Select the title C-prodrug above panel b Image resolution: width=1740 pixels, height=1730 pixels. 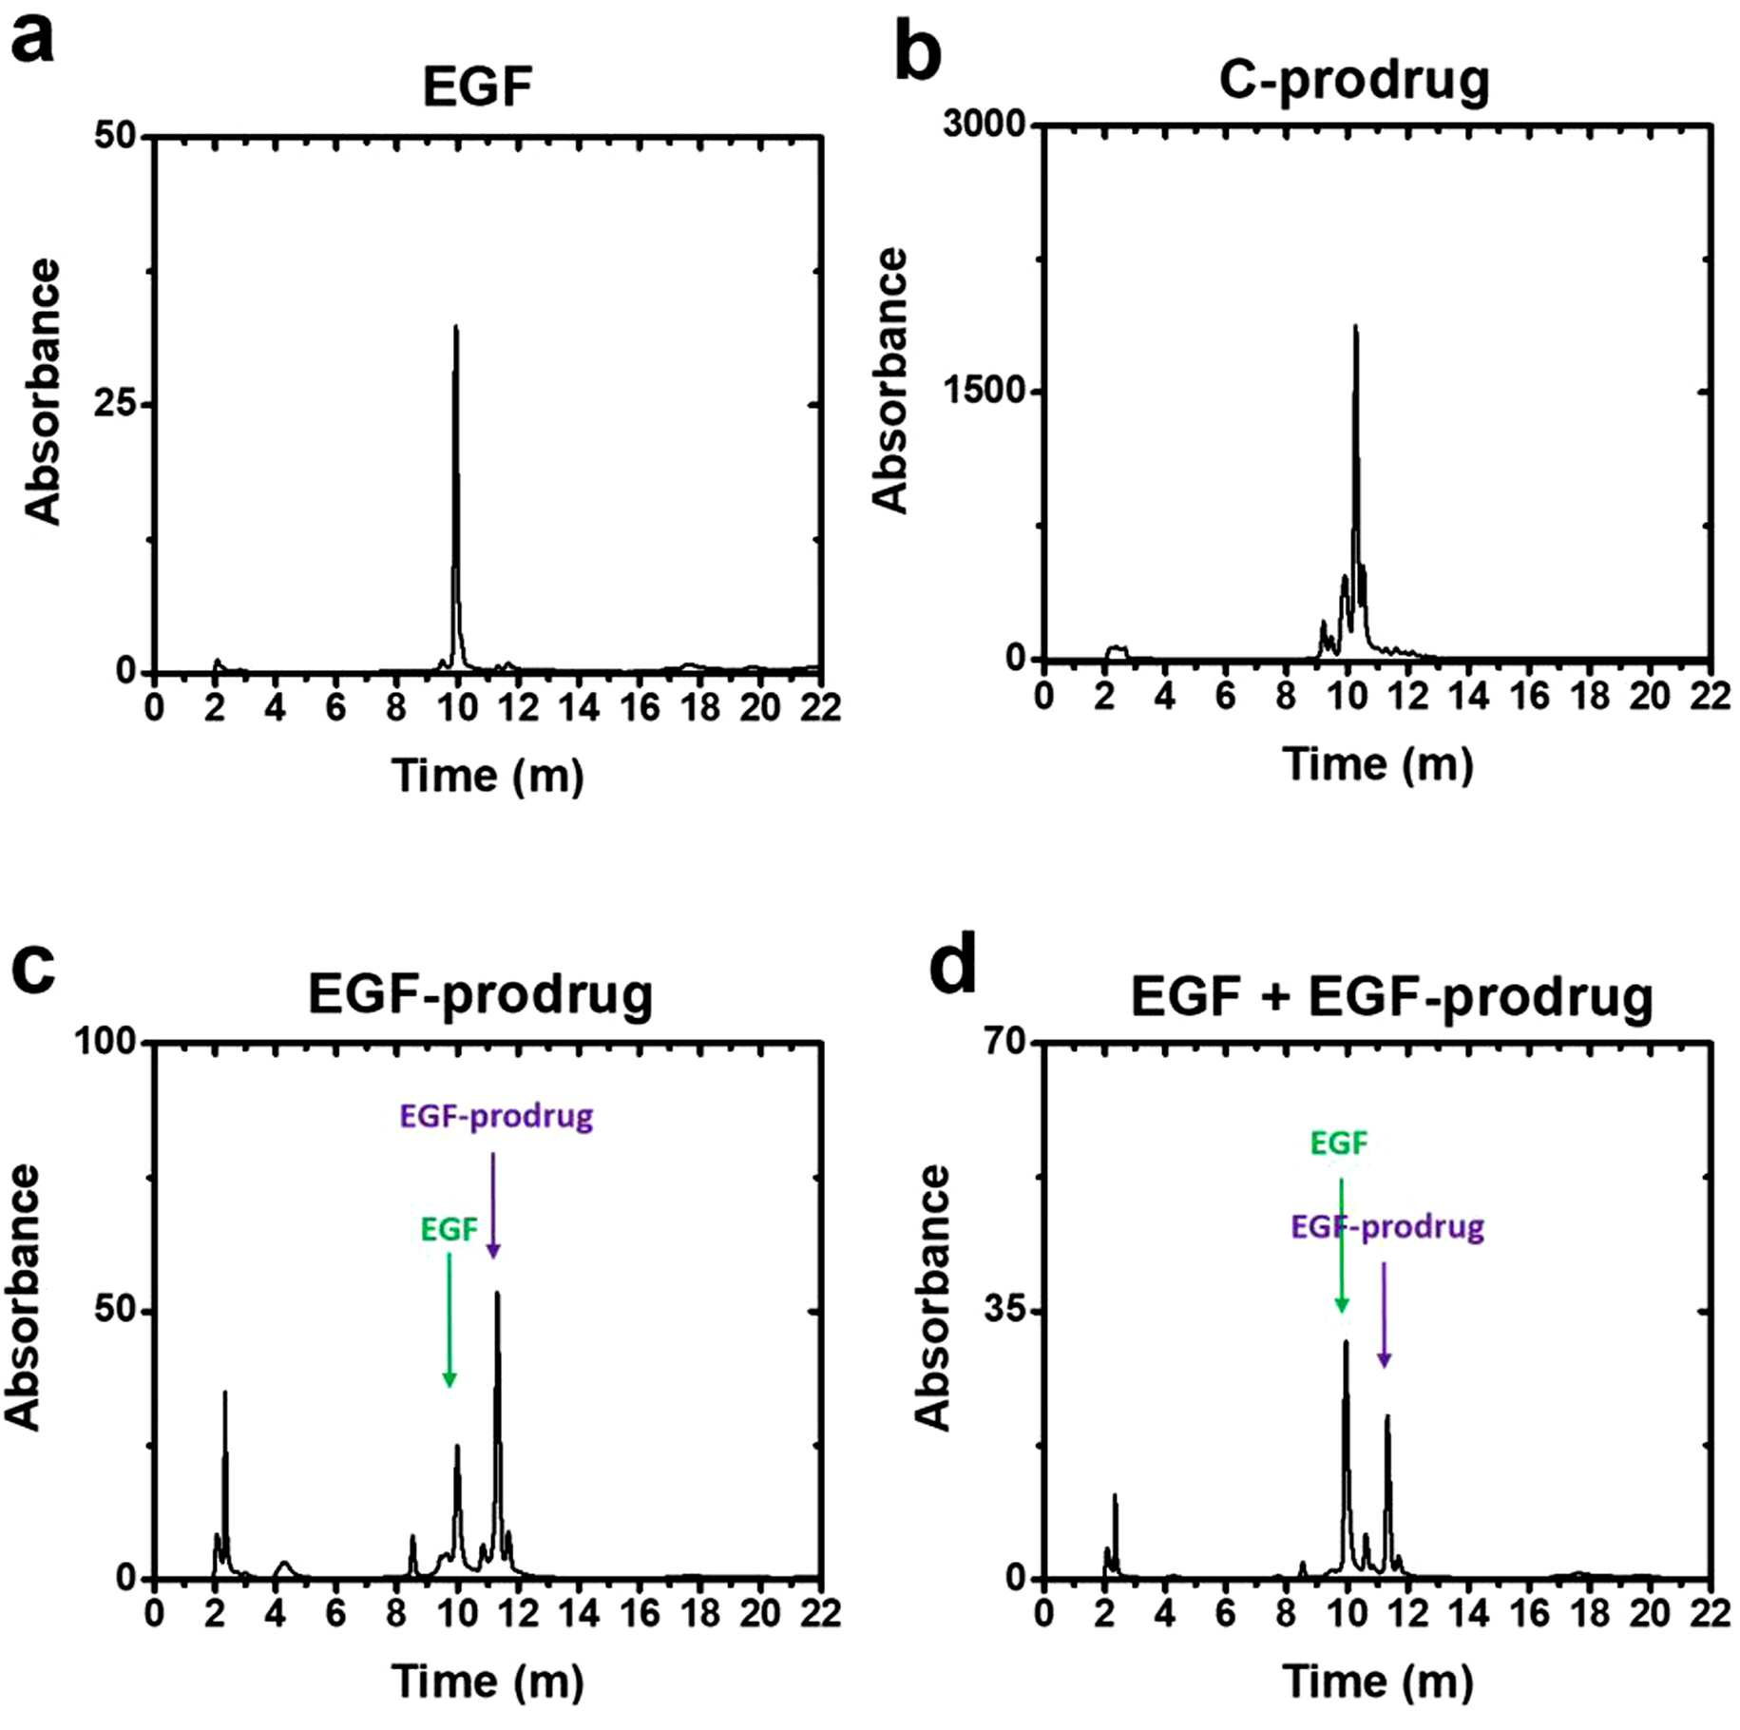pyautogui.click(x=1354, y=82)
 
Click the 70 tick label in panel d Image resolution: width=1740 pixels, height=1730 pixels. pyautogui.click(x=1006, y=1042)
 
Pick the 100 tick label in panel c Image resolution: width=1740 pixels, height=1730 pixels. pyautogui.click(x=106, y=1042)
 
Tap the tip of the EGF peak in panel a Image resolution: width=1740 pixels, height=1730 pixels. pyautogui.click(x=456, y=327)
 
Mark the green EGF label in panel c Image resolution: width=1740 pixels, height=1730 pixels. pyautogui.click(x=449, y=1229)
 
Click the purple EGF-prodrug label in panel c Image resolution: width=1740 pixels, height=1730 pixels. pyautogui.click(x=496, y=1116)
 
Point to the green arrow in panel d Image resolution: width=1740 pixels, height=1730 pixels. pyautogui.click(x=1342, y=1245)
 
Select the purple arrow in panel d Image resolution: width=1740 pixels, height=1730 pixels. pyautogui.click(x=1385, y=1316)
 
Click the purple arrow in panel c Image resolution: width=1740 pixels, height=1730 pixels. pyautogui.click(x=493, y=1205)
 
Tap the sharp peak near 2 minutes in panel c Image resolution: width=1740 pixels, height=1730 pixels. pyautogui.click(x=225, y=1394)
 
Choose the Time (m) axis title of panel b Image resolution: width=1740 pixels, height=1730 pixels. pyautogui.click(x=1378, y=765)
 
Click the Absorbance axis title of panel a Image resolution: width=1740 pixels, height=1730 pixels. pyautogui.click(x=44, y=392)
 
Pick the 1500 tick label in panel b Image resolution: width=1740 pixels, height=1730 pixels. pyautogui.click(x=985, y=391)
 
